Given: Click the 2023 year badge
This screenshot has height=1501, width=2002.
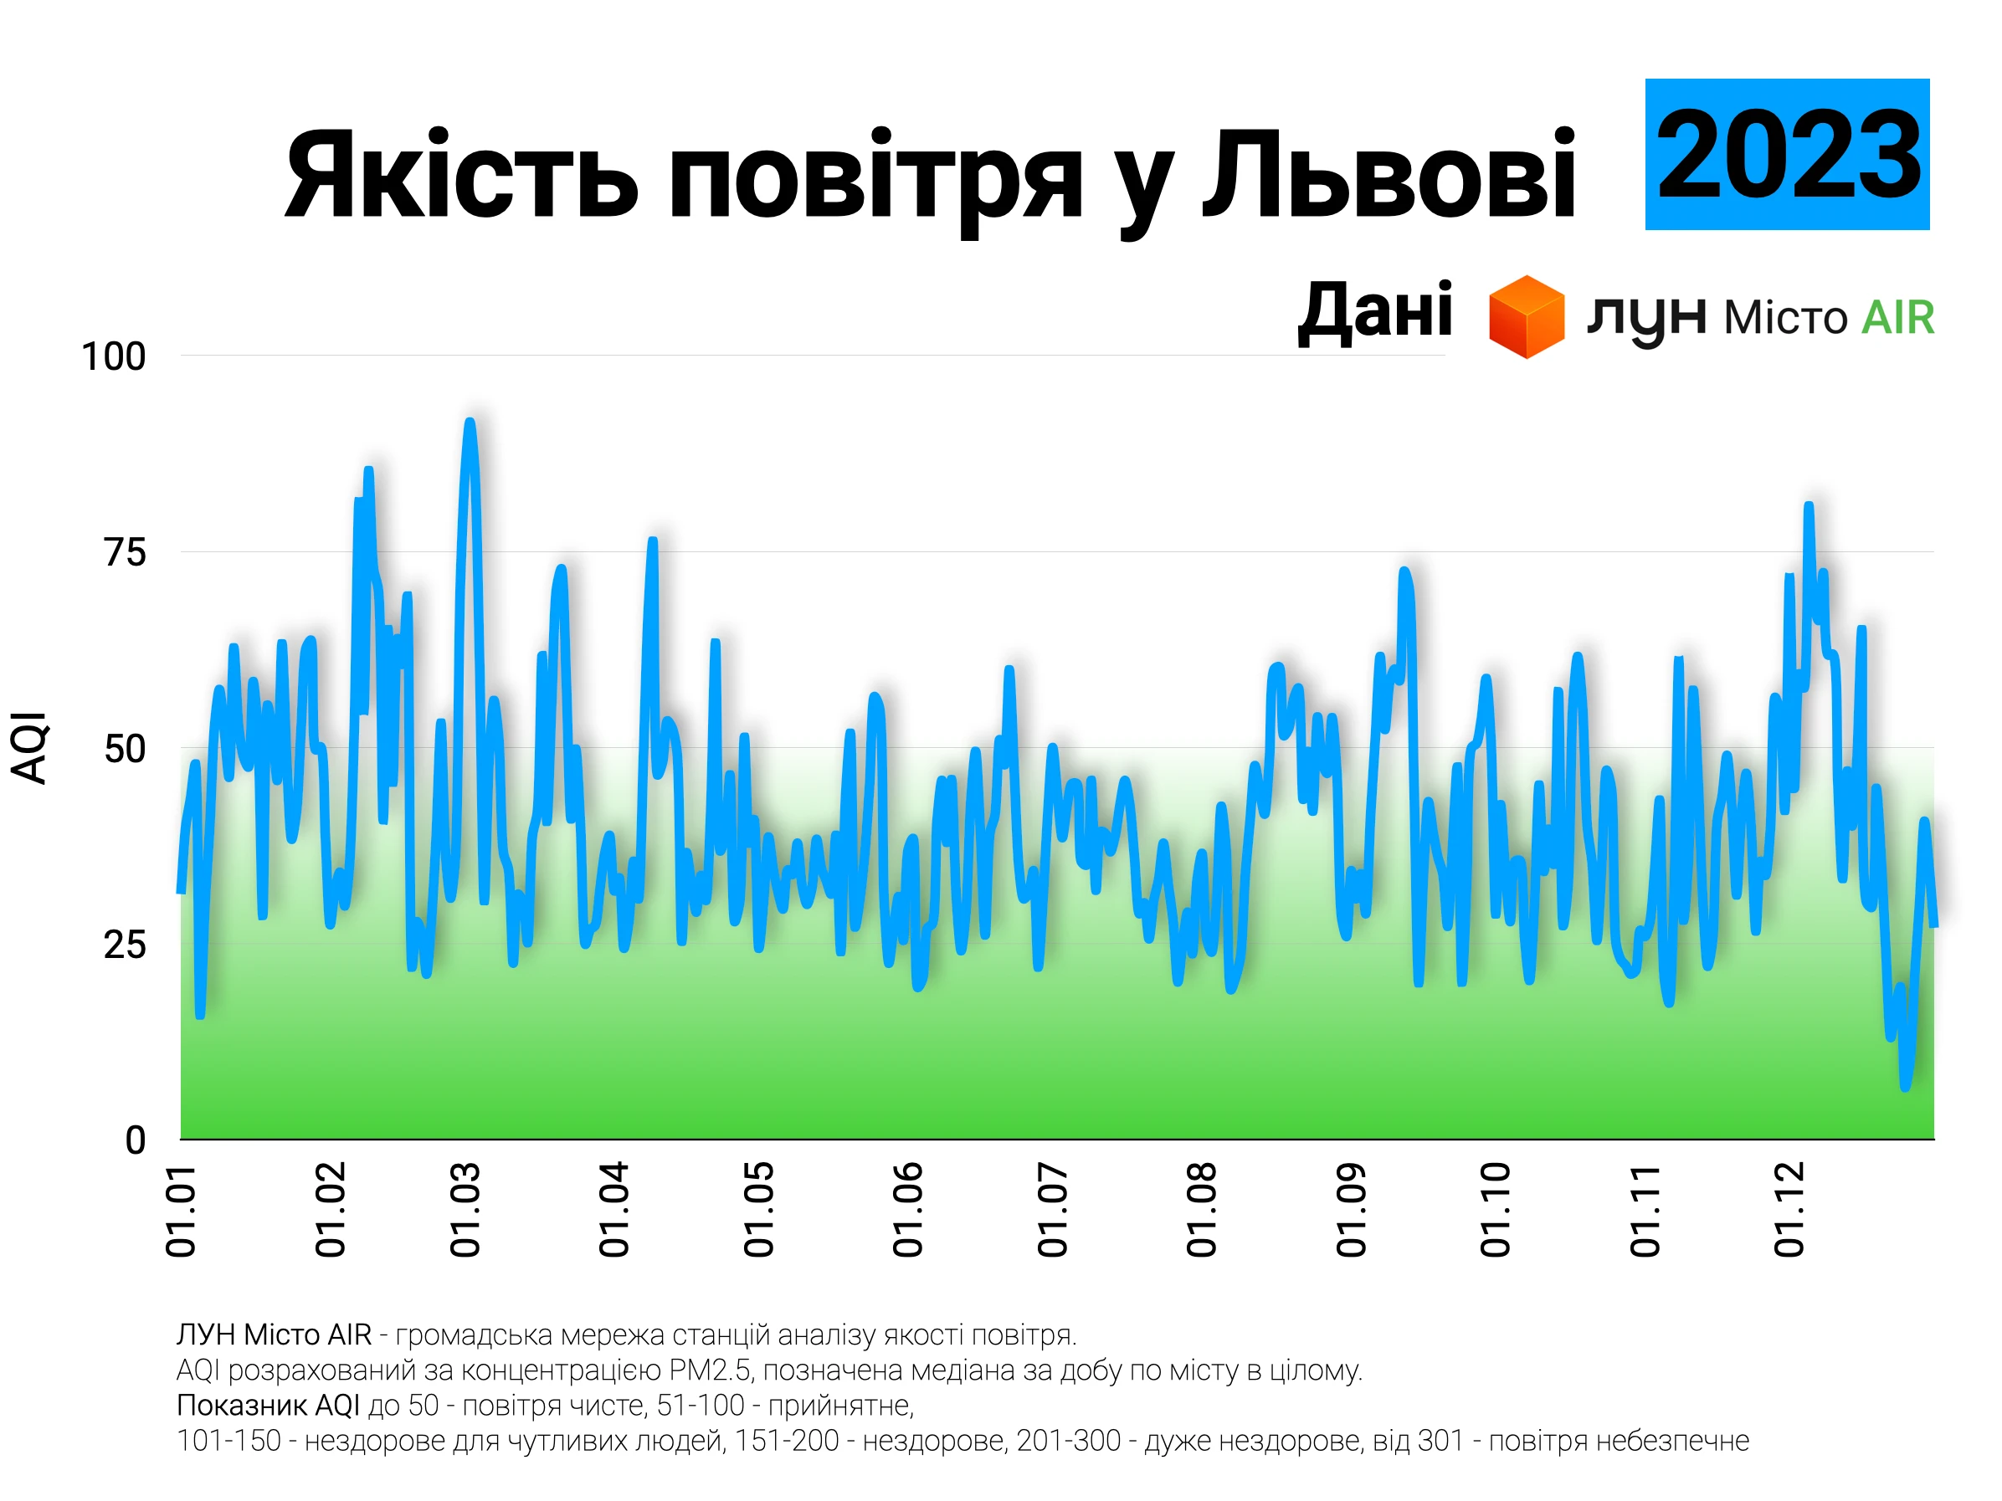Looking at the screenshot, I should click(1786, 154).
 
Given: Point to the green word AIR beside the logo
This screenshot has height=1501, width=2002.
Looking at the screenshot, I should click(1897, 318).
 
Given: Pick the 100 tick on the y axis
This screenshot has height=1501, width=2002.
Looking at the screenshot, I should click(113, 356).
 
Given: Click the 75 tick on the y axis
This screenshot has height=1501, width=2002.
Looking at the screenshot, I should click(124, 552).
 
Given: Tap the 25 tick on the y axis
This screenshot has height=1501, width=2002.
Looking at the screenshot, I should click(124, 945).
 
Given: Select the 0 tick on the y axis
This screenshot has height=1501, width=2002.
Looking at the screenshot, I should click(135, 1140).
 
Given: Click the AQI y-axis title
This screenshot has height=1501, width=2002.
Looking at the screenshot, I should click(29, 747).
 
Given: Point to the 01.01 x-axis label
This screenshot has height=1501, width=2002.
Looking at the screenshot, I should click(181, 1211).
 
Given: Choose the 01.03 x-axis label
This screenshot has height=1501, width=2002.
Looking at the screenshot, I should click(465, 1211).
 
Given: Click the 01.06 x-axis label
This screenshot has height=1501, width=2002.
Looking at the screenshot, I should click(907, 1211).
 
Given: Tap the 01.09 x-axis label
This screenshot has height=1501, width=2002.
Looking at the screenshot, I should click(1350, 1211).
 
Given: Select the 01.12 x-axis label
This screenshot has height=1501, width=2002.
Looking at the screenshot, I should click(1789, 1211).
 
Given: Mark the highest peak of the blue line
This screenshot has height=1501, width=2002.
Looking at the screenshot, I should click(469, 421).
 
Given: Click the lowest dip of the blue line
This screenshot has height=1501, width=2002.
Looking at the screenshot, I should click(1905, 1087).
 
